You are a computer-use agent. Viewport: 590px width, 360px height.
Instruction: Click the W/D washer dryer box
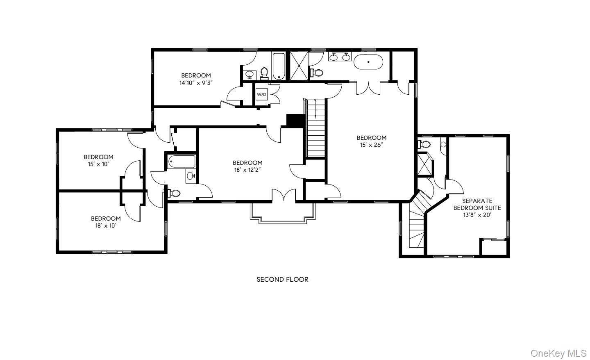261,94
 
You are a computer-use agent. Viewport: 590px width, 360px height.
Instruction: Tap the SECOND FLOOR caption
282,279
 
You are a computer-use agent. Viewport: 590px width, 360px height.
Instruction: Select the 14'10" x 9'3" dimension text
196,83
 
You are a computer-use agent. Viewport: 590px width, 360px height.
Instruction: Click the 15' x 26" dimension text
371,145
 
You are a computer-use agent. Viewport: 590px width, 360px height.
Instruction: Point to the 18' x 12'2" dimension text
247,170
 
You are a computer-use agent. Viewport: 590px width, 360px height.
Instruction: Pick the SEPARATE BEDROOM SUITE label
477,204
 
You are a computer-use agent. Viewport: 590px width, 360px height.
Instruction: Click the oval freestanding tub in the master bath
368,62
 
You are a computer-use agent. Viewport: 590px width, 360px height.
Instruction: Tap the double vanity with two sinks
340,57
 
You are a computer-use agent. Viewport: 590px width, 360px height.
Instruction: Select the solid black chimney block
295,121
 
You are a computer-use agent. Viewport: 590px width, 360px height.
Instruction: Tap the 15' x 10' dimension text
98,164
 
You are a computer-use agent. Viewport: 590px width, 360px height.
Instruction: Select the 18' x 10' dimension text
106,226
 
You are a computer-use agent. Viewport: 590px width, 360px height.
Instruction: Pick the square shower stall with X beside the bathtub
299,66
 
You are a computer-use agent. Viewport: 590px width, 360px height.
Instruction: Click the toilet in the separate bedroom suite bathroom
424,144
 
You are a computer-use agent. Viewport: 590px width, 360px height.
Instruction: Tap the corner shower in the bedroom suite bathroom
425,164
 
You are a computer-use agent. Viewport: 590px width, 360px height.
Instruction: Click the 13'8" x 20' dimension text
477,215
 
